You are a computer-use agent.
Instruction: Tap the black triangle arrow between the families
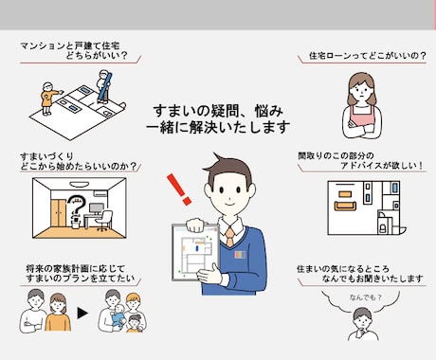click(82, 311)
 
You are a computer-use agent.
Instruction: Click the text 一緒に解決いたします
click(218, 126)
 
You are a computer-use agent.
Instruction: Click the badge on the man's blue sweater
click(240, 255)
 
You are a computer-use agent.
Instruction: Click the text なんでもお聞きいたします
click(371, 279)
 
